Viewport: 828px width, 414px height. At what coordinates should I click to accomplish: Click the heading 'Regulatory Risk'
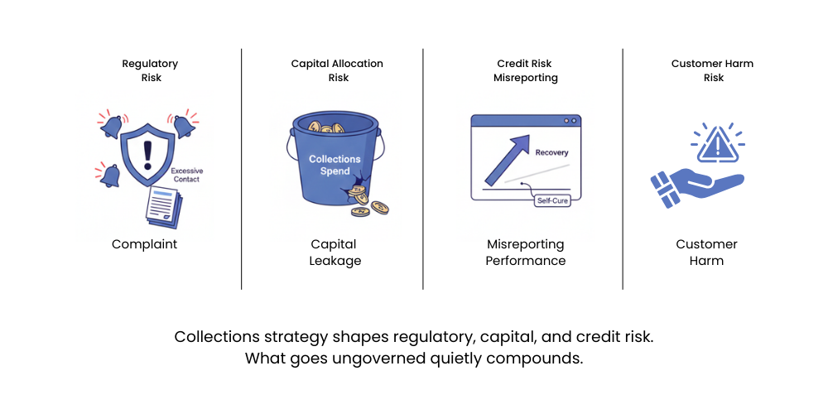click(150, 70)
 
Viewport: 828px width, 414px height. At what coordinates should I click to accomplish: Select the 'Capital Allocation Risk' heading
click(338, 70)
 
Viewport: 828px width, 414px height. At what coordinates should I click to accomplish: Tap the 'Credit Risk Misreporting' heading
click(526, 70)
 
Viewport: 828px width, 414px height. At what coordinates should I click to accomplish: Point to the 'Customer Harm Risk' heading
click(713, 70)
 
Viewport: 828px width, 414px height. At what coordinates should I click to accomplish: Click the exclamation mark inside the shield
click(148, 154)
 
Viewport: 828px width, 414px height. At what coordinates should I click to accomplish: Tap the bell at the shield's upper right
click(184, 125)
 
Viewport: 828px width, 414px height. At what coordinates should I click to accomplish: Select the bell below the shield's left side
click(108, 175)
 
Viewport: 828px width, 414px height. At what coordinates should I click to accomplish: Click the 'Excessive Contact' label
click(185, 175)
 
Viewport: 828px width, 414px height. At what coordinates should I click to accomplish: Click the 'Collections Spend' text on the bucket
click(335, 164)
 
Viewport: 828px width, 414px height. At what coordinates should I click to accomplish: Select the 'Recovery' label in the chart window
click(551, 153)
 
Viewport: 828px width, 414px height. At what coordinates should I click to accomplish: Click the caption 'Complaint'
click(145, 244)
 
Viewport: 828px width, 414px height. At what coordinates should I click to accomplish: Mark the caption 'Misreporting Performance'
click(526, 253)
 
